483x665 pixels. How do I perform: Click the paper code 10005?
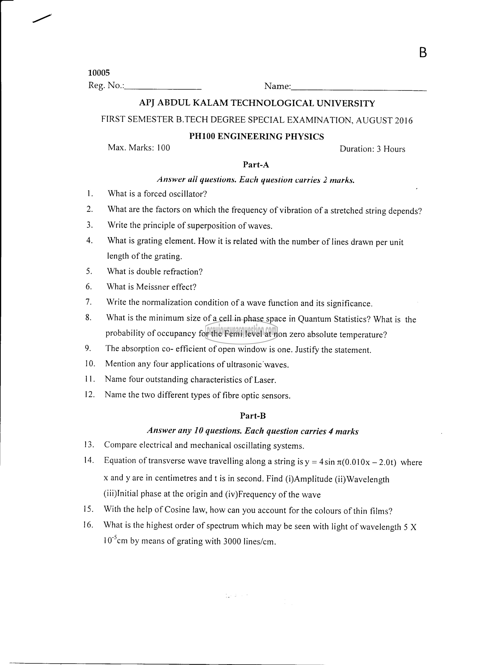coord(99,72)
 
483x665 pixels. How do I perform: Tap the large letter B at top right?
coord(423,53)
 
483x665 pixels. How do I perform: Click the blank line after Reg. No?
coord(163,88)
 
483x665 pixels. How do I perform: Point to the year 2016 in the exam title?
coord(403,121)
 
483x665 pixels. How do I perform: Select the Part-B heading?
coord(253,415)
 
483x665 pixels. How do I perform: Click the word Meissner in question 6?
coord(152,286)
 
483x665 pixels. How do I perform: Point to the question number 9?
coord(87,348)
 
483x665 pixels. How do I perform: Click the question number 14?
coord(89,460)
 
